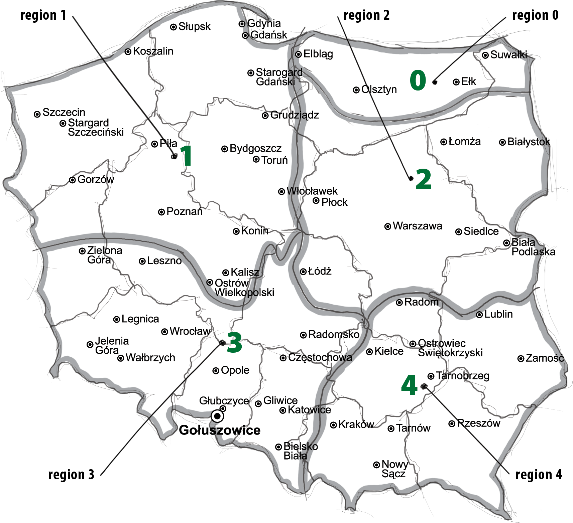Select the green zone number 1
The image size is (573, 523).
187,156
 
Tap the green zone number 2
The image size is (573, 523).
423,179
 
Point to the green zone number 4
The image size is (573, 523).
409,385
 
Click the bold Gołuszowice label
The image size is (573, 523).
220,430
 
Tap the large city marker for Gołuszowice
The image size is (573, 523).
217,416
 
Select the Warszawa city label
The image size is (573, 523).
417,226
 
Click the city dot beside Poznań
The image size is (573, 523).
161,212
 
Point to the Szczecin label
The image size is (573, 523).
64,112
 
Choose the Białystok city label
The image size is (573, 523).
529,142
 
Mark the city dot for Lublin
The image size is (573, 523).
479,315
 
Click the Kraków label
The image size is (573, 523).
356,424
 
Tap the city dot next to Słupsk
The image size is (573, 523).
173,27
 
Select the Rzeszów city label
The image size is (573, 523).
478,423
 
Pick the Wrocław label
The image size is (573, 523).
190,331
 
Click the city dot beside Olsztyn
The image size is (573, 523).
356,90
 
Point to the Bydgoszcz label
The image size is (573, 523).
255,149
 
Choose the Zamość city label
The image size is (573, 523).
545,358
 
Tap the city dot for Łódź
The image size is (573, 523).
303,272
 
